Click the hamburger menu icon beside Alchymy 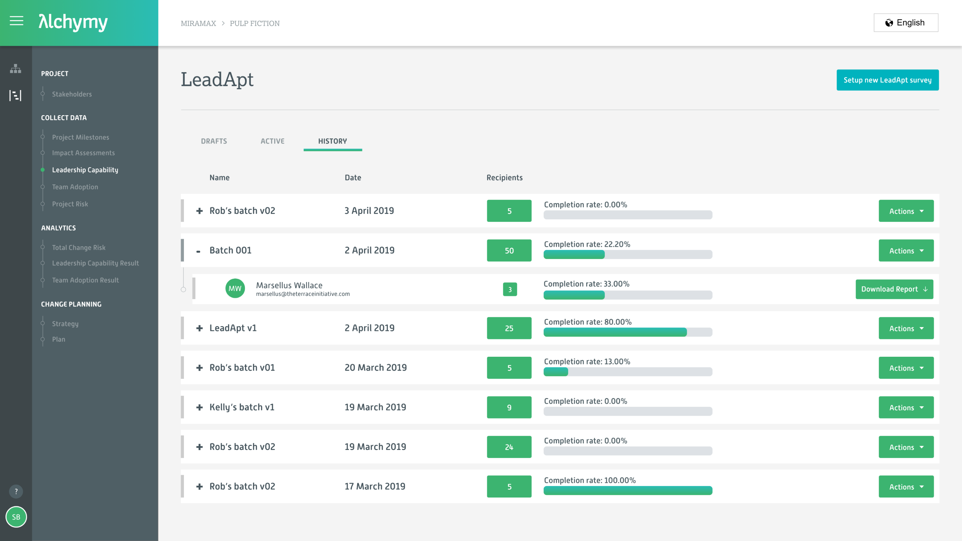click(17, 21)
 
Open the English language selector click(906, 23)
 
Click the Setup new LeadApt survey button click(887, 80)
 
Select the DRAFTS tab click(213, 141)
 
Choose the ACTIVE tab click(272, 141)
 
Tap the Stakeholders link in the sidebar click(72, 94)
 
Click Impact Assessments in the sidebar click(83, 153)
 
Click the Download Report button click(894, 289)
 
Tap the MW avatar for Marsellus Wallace click(235, 288)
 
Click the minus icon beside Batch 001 click(198, 251)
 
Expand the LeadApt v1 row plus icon click(199, 328)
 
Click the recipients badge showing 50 click(509, 251)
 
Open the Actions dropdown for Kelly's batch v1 click(906, 408)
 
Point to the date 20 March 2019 click(375, 368)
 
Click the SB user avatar click(16, 517)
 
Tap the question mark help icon click(16, 491)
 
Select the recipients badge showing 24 click(509, 447)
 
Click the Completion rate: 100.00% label click(589, 481)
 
